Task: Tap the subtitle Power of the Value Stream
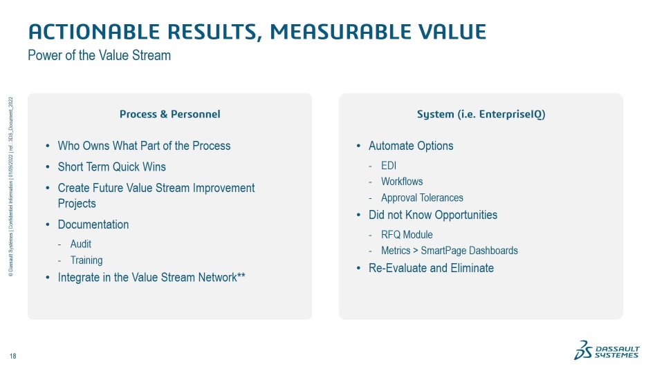[x=100, y=55]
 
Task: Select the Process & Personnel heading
[x=170, y=114]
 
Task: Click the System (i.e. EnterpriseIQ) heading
[x=481, y=114]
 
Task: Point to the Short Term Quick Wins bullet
[x=112, y=167]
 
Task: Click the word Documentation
[x=93, y=224]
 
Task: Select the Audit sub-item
[x=81, y=244]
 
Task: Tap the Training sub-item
[x=86, y=260]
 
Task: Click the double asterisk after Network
[x=241, y=276]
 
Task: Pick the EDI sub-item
[x=389, y=166]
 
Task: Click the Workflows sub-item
[x=402, y=182]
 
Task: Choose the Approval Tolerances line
[x=422, y=198]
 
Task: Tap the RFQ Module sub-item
[x=407, y=235]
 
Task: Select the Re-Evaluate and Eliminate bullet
[x=431, y=268]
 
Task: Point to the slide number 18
[x=12, y=356]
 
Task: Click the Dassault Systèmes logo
[x=607, y=350]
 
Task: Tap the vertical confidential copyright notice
[x=10, y=187]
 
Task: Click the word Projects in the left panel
[x=77, y=204]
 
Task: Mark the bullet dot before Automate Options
[x=358, y=146]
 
